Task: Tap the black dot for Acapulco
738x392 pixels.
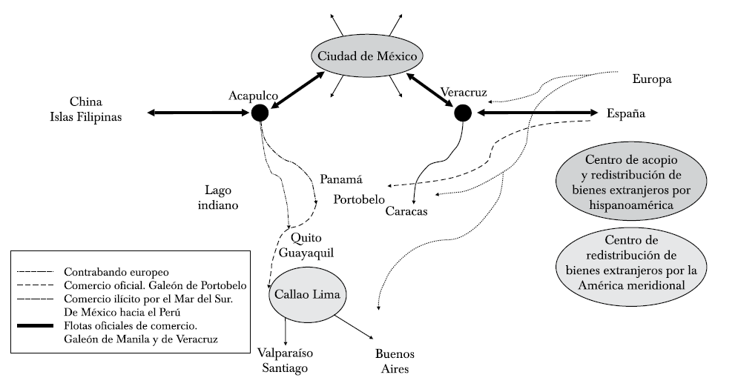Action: pos(260,113)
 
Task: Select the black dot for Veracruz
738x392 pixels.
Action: pos(463,113)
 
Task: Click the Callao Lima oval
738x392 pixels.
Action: pos(307,294)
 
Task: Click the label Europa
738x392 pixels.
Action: pos(651,79)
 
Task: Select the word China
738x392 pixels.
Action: pos(85,102)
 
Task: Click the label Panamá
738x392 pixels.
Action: pos(340,179)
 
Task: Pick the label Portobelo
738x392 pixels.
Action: pos(359,199)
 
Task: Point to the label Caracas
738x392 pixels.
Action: pos(407,210)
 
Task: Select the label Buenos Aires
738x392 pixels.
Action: pos(394,361)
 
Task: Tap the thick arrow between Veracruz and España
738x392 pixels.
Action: pos(537,113)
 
